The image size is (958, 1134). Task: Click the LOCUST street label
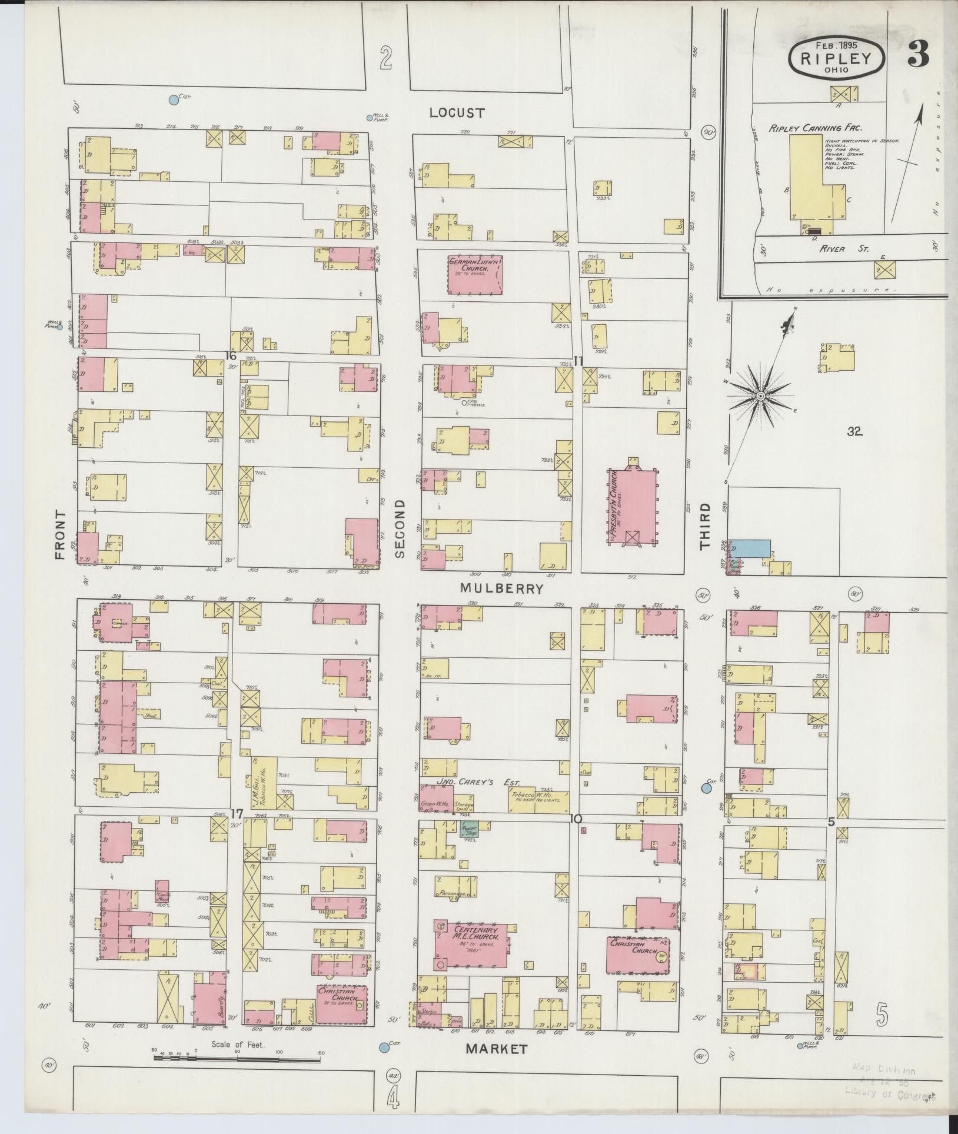pos(456,112)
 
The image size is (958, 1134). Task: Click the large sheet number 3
pos(917,55)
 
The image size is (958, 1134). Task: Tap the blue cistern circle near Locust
pos(174,100)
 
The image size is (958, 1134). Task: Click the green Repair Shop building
pos(469,829)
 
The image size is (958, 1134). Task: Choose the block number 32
pos(854,431)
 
